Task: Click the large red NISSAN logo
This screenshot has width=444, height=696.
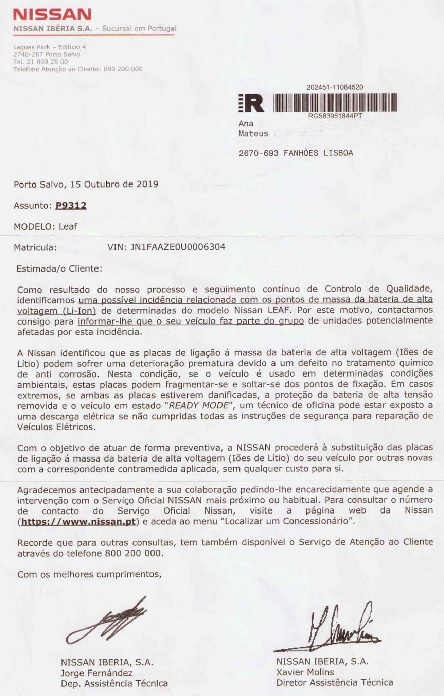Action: [52, 15]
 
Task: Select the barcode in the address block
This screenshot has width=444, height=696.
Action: [335, 103]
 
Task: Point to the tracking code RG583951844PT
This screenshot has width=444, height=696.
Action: [335, 116]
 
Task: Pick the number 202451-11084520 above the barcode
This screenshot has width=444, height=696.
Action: [335, 87]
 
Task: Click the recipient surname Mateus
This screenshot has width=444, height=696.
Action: [253, 134]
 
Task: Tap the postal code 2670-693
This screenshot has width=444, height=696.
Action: [258, 153]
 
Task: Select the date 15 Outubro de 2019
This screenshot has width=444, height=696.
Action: [114, 185]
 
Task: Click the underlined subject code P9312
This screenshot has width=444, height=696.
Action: [71, 206]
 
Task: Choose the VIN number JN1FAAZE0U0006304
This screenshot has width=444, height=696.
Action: [177, 247]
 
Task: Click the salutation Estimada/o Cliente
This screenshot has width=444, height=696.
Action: [59, 269]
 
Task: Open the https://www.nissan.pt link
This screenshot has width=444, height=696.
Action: [78, 522]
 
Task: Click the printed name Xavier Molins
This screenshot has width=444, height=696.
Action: [305, 672]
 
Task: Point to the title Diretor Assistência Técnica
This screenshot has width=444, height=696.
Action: [335, 682]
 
